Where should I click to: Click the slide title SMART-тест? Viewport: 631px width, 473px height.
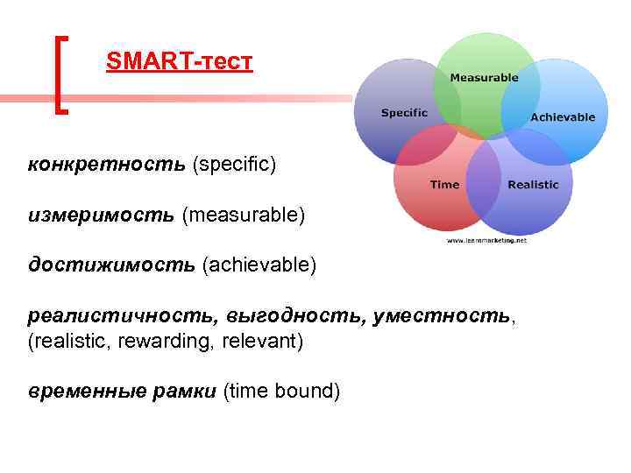tap(179, 62)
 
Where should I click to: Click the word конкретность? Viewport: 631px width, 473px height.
tap(106, 164)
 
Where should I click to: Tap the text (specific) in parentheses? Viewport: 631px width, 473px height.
tap(234, 164)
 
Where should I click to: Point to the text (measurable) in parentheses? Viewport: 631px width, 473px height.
tap(244, 215)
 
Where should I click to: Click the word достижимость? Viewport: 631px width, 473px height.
tap(111, 265)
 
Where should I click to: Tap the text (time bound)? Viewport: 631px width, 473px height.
tap(282, 391)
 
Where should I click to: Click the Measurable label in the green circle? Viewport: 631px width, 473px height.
tap(484, 77)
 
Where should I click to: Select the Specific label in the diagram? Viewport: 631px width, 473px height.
tap(404, 112)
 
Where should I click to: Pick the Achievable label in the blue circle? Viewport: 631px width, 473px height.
tap(563, 116)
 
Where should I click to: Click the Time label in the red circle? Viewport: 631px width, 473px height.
tap(444, 184)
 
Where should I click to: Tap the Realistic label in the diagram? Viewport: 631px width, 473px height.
tap(533, 184)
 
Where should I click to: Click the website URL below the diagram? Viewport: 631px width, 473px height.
tap(486, 239)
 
